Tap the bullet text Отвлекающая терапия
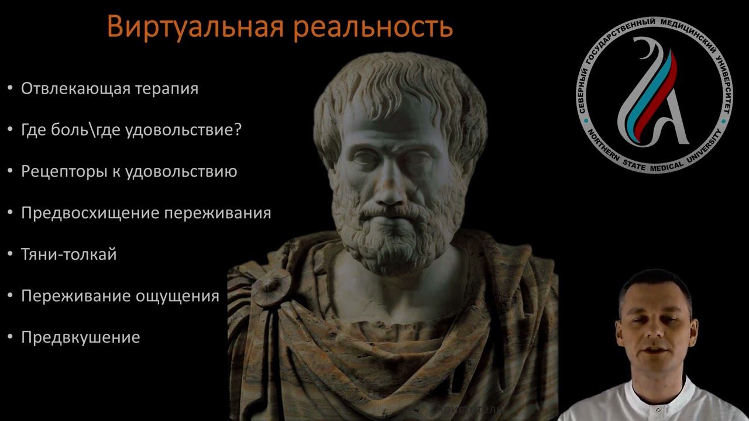click(x=109, y=88)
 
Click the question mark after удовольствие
click(x=238, y=130)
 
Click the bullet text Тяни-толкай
click(x=68, y=254)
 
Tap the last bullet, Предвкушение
click(x=80, y=337)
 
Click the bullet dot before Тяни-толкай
click(x=10, y=254)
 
